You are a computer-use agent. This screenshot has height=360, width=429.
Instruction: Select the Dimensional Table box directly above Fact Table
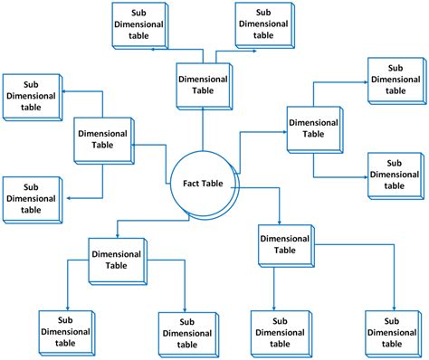[203, 85]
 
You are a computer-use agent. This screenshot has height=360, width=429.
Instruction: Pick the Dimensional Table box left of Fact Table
[102, 139]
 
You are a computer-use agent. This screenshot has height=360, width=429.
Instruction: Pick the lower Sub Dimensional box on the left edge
[31, 198]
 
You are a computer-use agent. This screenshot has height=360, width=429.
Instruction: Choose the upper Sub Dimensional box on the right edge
[396, 80]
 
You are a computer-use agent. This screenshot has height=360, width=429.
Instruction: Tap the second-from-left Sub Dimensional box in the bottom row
[186, 333]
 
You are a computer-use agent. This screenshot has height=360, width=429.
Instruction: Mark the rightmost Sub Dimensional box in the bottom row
[395, 331]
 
